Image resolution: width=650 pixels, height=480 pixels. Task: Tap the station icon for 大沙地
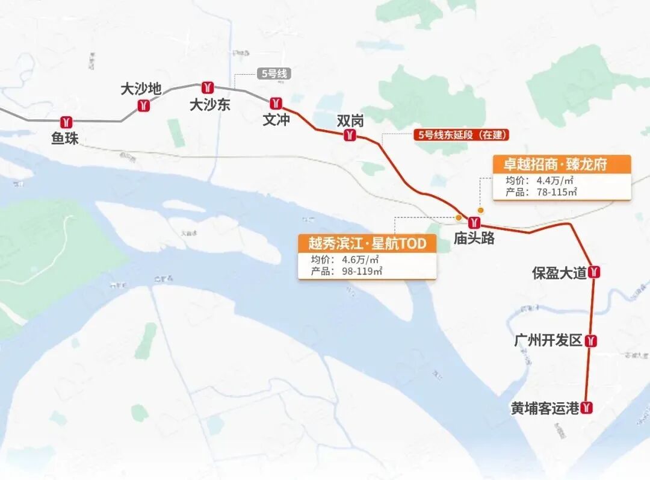point(143,106)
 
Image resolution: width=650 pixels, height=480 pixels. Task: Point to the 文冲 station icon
point(276,103)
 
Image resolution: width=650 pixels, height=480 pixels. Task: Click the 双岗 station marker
point(349,136)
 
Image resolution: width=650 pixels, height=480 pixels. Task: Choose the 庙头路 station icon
point(474,221)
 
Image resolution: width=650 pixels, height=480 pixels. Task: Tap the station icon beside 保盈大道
point(595,272)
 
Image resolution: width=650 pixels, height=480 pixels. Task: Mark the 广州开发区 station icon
point(592,341)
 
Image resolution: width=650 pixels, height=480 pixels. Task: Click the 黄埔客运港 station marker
point(587,408)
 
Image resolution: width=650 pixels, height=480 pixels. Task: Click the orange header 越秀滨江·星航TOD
point(367,243)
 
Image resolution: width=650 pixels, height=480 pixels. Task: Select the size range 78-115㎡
point(552,192)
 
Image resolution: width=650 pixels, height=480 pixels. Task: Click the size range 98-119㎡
point(359,272)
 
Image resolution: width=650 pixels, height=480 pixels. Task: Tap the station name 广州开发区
point(548,341)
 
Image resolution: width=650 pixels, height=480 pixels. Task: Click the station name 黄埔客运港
point(545,408)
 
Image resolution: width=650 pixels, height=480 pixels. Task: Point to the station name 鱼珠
point(65,139)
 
